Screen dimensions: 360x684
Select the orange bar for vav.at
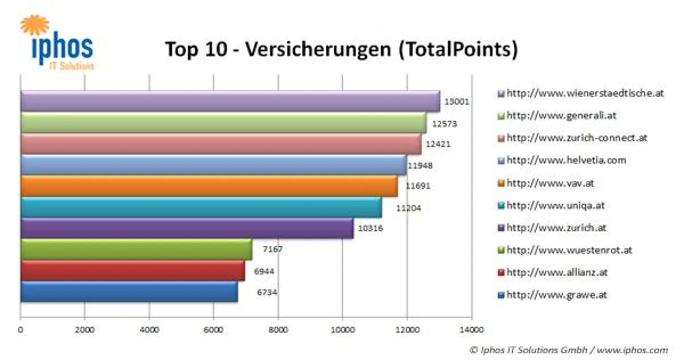[209, 186]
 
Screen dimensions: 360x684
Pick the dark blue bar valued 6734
[129, 292]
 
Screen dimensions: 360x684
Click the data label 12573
[445, 123]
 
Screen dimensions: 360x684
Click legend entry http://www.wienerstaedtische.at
[585, 93]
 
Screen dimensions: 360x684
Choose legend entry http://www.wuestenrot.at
[569, 250]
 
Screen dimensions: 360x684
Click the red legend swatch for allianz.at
[501, 273]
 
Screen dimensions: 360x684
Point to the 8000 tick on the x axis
[278, 329]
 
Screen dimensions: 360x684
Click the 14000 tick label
[471, 329]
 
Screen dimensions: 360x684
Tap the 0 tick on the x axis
[21, 329]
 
